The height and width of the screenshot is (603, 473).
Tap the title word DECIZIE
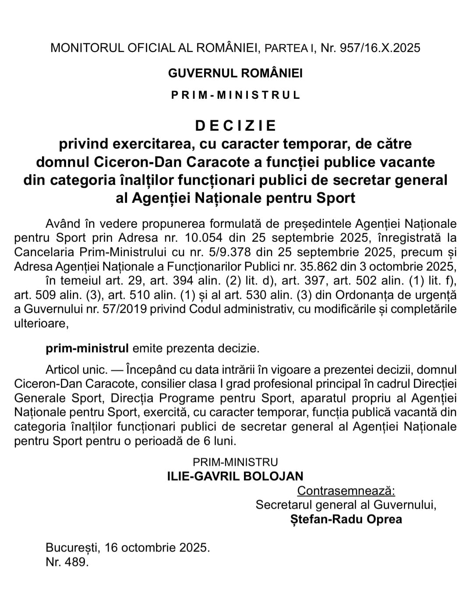point(236,125)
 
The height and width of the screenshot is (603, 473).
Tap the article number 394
point(165,281)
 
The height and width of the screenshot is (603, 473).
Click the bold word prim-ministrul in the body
point(87,349)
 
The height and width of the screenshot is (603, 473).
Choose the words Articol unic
point(76,369)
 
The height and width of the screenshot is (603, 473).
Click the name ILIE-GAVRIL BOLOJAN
point(235,476)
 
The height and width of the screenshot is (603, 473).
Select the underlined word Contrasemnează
point(346,491)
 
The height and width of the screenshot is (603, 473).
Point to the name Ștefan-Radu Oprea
point(346,519)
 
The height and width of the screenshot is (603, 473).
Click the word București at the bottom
point(73,547)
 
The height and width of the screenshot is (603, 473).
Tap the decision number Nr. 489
point(67,562)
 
